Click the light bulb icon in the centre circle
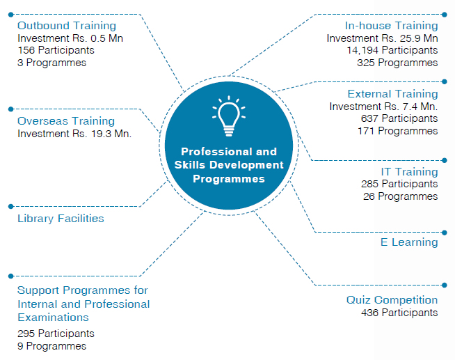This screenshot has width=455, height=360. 229,116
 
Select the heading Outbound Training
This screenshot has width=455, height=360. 67,26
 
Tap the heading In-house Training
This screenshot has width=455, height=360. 391,26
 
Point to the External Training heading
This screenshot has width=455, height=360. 392,94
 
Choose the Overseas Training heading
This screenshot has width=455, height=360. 66,121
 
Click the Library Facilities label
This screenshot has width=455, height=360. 61,219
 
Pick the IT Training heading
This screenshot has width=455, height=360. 410,171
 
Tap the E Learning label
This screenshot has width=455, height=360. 409,242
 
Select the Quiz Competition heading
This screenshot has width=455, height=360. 392,300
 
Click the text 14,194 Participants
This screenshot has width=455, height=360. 392,50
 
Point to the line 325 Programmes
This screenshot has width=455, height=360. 397,63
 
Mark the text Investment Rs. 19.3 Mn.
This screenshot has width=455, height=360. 74,134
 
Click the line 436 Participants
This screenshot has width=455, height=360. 399,313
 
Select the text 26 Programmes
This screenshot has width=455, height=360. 401,196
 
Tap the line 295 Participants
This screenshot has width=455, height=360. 56,334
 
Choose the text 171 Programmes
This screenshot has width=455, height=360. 397,131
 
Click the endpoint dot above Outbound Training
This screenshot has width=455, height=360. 11,15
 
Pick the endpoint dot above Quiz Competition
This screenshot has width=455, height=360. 445,285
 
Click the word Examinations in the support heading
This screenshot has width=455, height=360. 53,318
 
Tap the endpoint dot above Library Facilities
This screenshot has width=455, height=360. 11,206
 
